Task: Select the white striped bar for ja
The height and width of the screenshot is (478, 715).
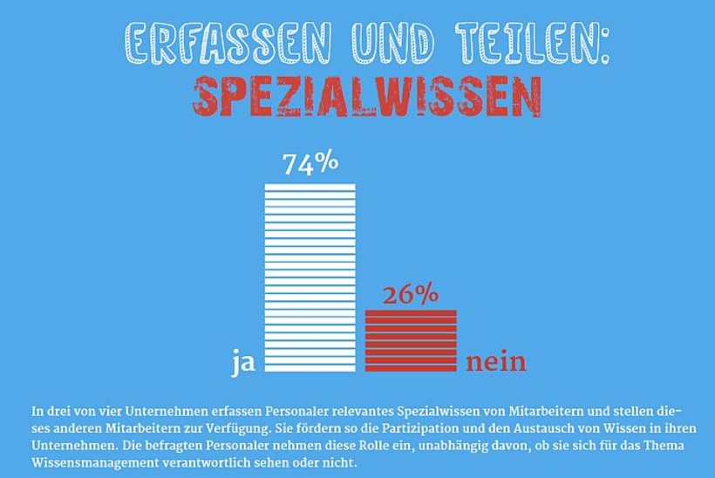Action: [x=310, y=277]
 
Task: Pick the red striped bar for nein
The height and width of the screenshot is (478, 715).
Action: [x=410, y=341]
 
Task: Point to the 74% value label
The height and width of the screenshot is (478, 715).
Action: [x=310, y=164]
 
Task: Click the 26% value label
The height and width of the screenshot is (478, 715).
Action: [x=410, y=296]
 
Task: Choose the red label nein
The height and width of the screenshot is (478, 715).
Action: [x=495, y=361]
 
